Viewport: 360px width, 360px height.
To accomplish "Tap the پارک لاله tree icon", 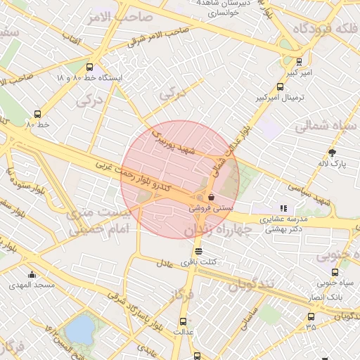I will [x=332, y=153].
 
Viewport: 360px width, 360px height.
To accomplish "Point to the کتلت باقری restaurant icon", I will [x=199, y=251].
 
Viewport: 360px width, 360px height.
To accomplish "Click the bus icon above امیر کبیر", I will [x=300, y=62].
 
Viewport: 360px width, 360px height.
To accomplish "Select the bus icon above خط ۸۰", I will [x=38, y=114].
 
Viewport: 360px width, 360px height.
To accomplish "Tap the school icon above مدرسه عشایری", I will [x=283, y=208].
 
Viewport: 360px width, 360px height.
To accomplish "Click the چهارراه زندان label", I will [x=218, y=231].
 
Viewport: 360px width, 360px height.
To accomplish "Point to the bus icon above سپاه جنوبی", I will [x=334, y=272].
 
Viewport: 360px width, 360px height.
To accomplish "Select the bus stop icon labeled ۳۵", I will [x=311, y=316].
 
